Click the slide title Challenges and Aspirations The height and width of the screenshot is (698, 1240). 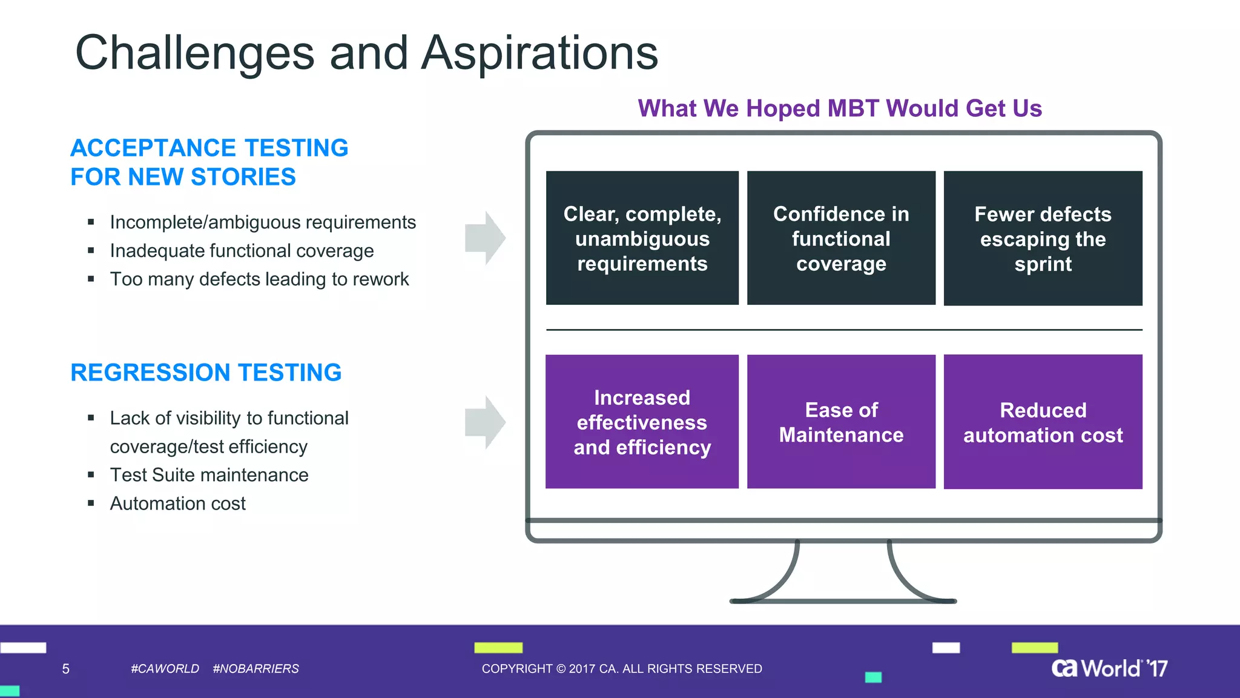click(x=366, y=53)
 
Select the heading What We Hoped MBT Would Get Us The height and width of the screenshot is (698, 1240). click(x=840, y=108)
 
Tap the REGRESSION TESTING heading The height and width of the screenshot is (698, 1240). click(x=206, y=373)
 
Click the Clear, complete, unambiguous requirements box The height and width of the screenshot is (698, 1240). click(x=642, y=238)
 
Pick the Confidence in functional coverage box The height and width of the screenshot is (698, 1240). click(x=841, y=238)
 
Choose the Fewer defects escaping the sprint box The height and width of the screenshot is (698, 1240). click(x=1043, y=238)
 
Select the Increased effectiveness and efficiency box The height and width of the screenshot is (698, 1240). click(x=642, y=422)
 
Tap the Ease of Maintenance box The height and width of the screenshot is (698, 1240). click(x=841, y=422)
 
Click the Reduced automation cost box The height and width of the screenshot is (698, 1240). click(x=1043, y=422)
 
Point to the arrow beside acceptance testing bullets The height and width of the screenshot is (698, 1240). click(x=485, y=238)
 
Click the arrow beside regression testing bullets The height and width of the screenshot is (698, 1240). click(x=485, y=422)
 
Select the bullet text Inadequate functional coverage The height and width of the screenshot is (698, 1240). click(x=242, y=251)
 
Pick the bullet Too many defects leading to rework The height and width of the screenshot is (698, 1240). click(x=259, y=279)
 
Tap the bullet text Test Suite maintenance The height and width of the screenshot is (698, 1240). click(x=209, y=475)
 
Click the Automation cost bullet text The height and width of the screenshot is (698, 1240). click(x=177, y=504)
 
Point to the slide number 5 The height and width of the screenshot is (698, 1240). click(x=66, y=669)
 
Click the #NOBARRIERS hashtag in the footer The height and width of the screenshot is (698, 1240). click(x=256, y=669)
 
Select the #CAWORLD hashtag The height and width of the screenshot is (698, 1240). click(x=165, y=669)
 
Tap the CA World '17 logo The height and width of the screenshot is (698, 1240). click(x=1109, y=668)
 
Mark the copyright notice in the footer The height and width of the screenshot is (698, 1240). click(x=622, y=669)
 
